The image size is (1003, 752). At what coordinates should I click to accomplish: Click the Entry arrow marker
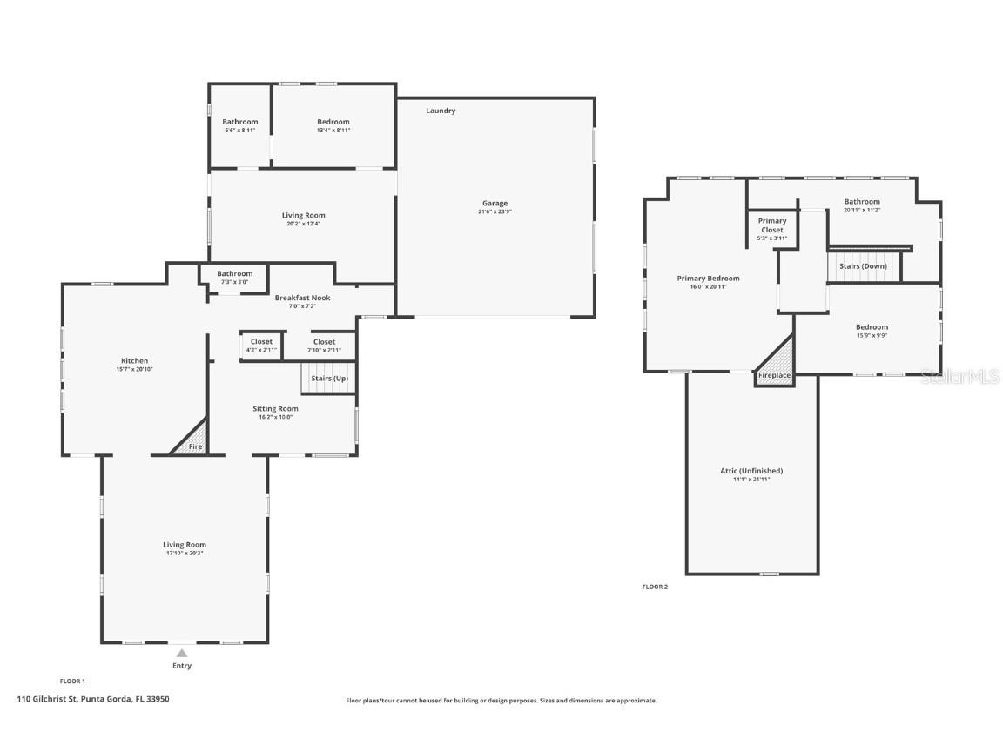click(181, 653)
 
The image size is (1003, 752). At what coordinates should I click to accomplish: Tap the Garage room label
click(495, 204)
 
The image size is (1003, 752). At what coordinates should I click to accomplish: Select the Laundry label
click(441, 111)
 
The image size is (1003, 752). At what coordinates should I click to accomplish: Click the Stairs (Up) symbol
click(329, 379)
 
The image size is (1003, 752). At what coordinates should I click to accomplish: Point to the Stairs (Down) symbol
click(863, 266)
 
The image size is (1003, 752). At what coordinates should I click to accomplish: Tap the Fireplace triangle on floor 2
click(775, 366)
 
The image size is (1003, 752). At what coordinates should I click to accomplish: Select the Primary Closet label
click(771, 225)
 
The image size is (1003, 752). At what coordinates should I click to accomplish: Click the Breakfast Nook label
click(302, 298)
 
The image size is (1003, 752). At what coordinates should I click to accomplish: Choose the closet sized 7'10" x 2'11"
click(324, 346)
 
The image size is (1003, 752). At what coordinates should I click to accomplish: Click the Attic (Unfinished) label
click(751, 471)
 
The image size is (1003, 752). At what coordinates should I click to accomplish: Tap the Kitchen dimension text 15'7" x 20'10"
click(134, 369)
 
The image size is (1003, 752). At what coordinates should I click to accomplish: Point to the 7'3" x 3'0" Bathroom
click(235, 277)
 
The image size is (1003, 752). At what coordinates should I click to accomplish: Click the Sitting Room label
click(275, 409)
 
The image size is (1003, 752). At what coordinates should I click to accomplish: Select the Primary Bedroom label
click(708, 279)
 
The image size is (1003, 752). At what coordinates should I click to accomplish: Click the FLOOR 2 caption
click(655, 587)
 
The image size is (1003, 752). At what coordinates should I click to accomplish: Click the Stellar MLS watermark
click(962, 376)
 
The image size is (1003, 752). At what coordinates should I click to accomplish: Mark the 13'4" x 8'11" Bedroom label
click(333, 122)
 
